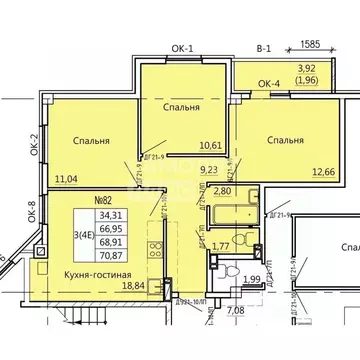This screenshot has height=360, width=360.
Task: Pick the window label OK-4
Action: click(241, 84)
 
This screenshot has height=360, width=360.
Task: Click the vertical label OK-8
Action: click(32, 212)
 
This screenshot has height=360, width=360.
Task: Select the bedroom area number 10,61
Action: click(183, 145)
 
